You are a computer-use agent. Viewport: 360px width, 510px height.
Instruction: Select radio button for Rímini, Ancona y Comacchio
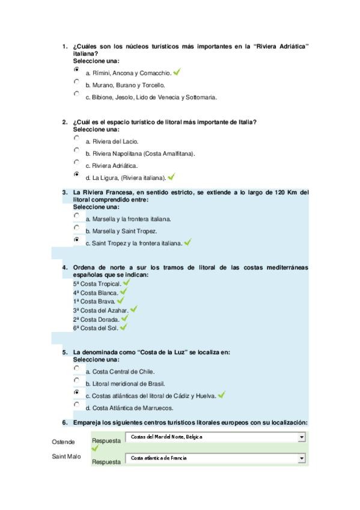pos(76,69)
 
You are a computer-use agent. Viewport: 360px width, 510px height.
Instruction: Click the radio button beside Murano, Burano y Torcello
pos(76,82)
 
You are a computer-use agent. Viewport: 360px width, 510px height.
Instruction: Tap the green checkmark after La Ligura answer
pos(171,177)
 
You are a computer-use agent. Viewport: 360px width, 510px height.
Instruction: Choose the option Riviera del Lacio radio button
pos(76,138)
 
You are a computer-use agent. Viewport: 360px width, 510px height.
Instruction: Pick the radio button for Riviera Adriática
pos(76,162)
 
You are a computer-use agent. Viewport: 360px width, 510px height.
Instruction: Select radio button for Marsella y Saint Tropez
pos(76,228)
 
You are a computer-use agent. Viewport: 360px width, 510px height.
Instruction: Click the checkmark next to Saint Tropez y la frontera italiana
pos(188,242)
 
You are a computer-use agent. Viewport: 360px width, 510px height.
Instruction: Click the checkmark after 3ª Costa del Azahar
pos(133,309)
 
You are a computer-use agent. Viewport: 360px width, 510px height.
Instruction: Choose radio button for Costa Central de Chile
pos(76,368)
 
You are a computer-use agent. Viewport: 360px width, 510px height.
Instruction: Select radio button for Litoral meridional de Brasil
pos(76,380)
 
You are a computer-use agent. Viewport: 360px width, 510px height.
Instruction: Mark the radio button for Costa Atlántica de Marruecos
pos(76,405)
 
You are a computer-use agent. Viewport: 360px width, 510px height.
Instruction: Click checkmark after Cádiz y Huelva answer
pos(221,395)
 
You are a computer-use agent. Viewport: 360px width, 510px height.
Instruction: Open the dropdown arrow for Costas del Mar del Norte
pos(302,437)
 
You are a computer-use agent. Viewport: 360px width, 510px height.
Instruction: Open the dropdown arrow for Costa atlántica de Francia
pos(302,458)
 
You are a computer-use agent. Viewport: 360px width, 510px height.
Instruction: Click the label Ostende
pos(63,442)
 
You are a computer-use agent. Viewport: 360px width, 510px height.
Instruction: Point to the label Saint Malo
pos(66,457)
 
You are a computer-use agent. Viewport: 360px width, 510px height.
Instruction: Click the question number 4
pos(65,267)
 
